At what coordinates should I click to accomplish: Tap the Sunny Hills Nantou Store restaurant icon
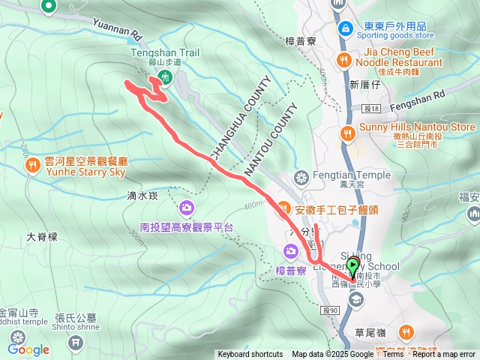click(347, 133)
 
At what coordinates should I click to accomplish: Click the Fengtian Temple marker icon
click(301, 177)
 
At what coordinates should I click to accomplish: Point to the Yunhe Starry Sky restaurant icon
click(31, 164)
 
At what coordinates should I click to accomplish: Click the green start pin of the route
click(352, 266)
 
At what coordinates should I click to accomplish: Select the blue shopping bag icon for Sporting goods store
click(345, 28)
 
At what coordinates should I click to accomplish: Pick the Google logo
click(28, 349)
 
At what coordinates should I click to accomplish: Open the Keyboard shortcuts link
click(250, 355)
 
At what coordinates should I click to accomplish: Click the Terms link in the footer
click(393, 355)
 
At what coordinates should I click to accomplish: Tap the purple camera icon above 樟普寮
click(290, 250)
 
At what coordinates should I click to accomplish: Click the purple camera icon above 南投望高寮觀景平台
click(187, 206)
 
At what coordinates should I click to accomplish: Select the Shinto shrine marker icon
click(75, 343)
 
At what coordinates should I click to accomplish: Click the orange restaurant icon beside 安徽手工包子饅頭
click(283, 206)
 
